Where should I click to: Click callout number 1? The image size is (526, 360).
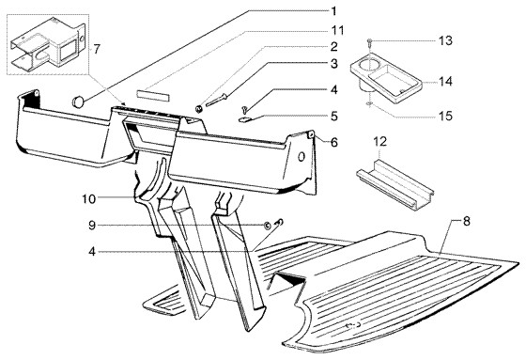point(333,12)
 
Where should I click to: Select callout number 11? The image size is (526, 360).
point(338,31)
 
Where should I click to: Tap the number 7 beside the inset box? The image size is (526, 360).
point(97,50)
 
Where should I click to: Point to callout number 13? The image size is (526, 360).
point(445,41)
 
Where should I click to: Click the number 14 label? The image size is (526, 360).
point(445,82)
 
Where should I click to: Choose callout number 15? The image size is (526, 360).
point(445,116)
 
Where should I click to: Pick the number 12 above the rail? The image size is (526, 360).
point(380,141)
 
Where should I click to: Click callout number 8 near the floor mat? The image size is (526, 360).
point(467,222)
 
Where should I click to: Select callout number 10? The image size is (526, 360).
point(89,199)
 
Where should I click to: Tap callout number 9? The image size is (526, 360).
point(92,226)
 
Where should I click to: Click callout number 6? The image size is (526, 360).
point(334,142)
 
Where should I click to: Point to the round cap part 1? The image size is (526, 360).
point(79,102)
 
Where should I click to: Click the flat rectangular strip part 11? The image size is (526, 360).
point(153,94)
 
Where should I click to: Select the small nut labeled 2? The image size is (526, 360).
point(198,109)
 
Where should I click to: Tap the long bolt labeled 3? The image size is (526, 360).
point(216,101)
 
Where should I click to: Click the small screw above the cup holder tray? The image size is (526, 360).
point(370,42)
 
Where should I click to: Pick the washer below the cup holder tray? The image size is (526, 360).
point(369,104)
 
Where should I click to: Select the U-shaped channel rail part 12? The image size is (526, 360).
point(395,185)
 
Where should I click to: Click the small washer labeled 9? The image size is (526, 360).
point(268,226)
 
